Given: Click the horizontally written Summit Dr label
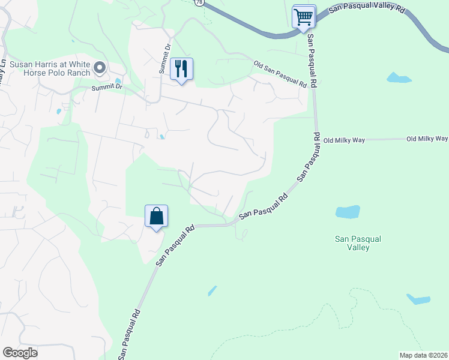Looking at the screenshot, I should click(x=107, y=88).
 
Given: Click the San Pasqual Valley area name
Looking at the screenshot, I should click(x=358, y=243).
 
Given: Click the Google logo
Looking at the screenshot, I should click(x=20, y=353).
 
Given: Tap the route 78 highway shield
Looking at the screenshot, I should click(x=199, y=2).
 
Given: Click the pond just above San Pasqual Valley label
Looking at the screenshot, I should click(x=348, y=212).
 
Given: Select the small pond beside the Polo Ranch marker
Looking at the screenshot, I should click(x=118, y=81).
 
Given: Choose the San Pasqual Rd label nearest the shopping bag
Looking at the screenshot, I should click(x=175, y=245).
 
